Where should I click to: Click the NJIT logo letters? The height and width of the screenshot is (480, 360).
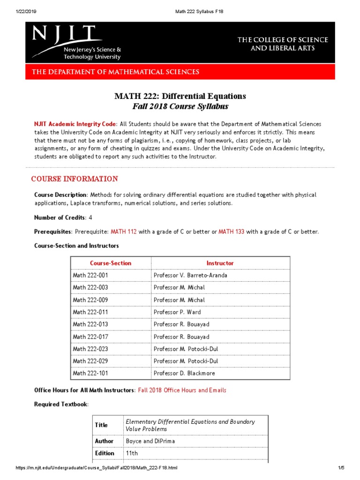tap(66, 35)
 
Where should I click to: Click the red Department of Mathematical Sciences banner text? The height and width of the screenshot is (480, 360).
tap(115, 72)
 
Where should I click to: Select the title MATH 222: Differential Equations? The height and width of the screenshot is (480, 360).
tap(180, 96)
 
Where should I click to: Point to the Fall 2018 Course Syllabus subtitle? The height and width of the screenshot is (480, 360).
tap(180, 106)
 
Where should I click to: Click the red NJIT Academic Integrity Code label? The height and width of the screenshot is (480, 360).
tap(75, 124)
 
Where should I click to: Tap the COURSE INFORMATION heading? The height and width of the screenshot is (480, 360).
tap(75, 179)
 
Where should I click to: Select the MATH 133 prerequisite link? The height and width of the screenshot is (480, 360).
tap(231, 232)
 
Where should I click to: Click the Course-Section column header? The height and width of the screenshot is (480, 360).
tap(111, 263)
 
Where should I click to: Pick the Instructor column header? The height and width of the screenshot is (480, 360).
tap(220, 263)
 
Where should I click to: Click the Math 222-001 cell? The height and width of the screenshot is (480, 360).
tap(90, 276)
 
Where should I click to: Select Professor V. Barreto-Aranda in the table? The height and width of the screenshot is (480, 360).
tap(190, 276)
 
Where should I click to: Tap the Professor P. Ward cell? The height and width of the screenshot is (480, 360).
tap(177, 312)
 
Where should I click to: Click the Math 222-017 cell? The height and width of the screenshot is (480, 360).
tap(90, 337)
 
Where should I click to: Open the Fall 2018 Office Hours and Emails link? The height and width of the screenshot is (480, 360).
tap(182, 390)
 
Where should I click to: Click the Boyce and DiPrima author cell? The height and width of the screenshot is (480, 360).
tap(147, 441)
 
